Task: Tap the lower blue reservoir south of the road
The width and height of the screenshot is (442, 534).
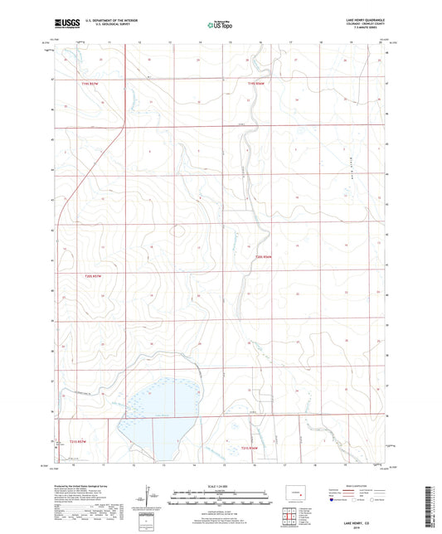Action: click(x=158, y=437)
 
